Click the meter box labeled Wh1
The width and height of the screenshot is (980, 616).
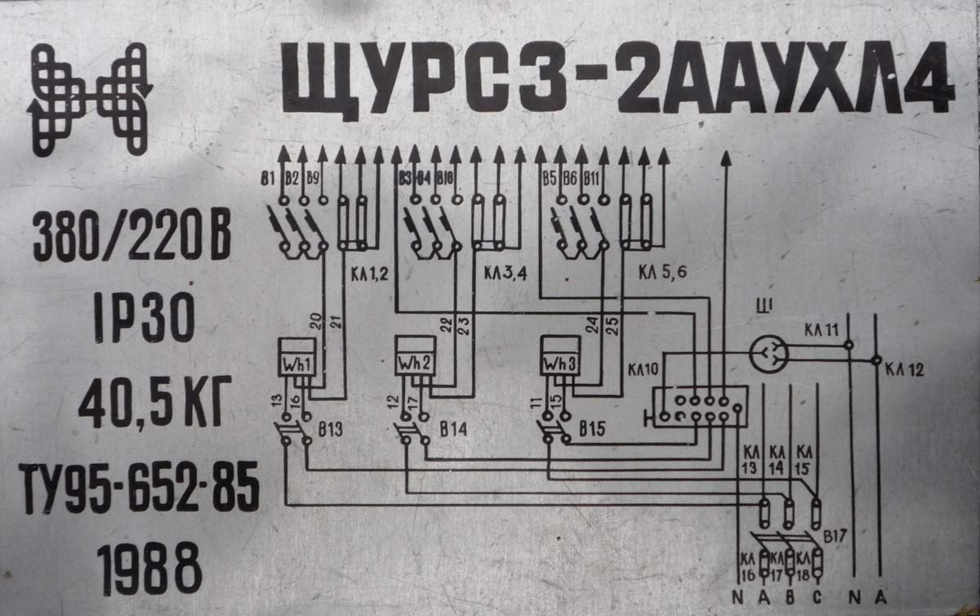point(296,360)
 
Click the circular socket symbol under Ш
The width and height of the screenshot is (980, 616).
point(768,353)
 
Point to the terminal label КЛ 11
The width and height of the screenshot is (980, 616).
point(820,331)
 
